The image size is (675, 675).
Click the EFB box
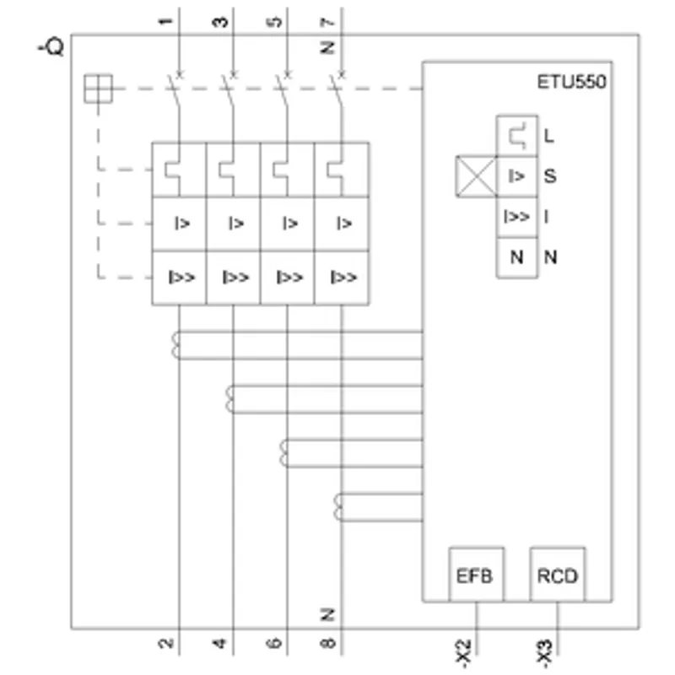[476, 575]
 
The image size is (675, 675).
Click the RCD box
[558, 575]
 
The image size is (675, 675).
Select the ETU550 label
[572, 82]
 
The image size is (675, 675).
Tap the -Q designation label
[51, 46]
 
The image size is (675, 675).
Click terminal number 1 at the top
[165, 21]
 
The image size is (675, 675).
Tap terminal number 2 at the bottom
[165, 644]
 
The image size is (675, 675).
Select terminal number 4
[220, 644]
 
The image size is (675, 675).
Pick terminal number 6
[274, 644]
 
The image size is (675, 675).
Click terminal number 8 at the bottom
[327, 644]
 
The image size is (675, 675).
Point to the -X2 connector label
[463, 654]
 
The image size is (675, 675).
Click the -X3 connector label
[544, 654]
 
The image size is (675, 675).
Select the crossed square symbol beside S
[476, 176]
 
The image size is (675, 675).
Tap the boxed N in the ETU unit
[517, 257]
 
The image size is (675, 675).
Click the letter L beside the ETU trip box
[548, 136]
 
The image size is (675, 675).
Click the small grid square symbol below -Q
[98, 89]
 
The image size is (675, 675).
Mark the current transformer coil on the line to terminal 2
[175, 345]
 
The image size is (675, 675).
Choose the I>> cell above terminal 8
[342, 278]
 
